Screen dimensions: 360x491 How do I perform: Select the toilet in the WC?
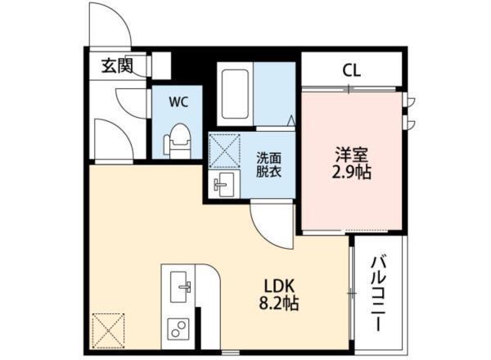[178, 140]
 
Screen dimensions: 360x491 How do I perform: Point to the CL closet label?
[352, 70]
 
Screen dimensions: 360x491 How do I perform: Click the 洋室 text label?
[353, 153]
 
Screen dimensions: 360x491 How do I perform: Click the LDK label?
[279, 286]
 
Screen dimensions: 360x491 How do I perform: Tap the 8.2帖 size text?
[279, 306]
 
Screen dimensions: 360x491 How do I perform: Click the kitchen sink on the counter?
[180, 286]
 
